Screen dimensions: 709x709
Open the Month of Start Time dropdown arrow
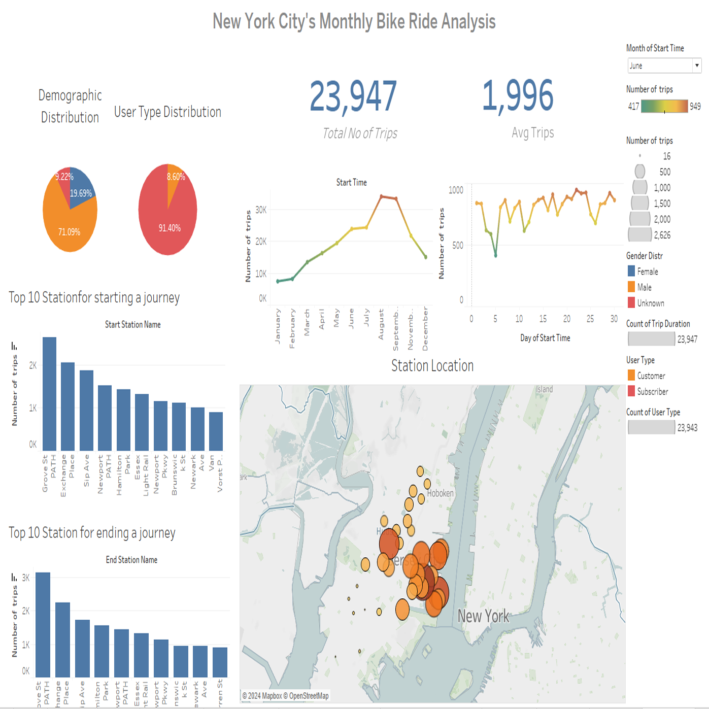pyautogui.click(x=697, y=65)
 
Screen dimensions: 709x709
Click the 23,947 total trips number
pyautogui.click(x=353, y=96)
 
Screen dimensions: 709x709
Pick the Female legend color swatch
pyautogui.click(x=631, y=271)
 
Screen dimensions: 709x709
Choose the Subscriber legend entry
pyautogui.click(x=652, y=391)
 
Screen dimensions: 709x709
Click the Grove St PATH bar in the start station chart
pyautogui.click(x=49, y=393)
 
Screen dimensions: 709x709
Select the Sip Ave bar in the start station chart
pyautogui.click(x=86, y=410)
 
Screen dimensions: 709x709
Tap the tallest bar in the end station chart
pyautogui.click(x=43, y=624)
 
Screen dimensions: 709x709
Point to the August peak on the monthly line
pyautogui.click(x=381, y=196)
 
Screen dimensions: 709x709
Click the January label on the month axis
pyautogui.click(x=278, y=326)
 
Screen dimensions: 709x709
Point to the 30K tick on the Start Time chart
pyautogui.click(x=261, y=210)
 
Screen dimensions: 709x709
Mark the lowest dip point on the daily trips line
pyautogui.click(x=496, y=255)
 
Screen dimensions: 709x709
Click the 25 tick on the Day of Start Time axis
pyautogui.click(x=590, y=319)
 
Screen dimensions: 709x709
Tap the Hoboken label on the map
pyautogui.click(x=440, y=493)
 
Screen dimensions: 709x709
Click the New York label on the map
pyautogui.click(x=483, y=616)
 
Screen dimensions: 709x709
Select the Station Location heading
pyautogui.click(x=432, y=365)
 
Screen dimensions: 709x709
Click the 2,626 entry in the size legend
pyautogui.click(x=662, y=235)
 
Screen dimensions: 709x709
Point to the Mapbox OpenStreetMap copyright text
pyautogui.click(x=285, y=696)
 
